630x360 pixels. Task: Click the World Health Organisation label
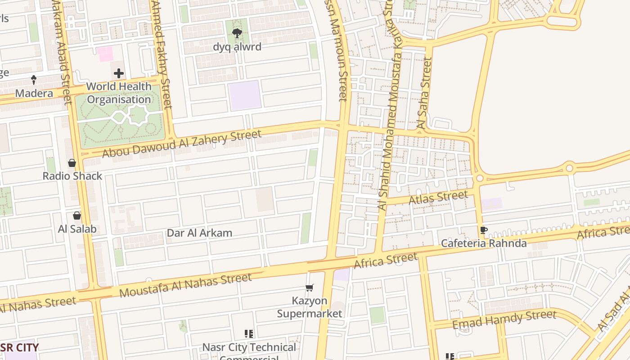coord(119,93)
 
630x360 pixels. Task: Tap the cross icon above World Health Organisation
coord(119,73)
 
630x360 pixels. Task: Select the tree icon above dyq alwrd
coord(237,33)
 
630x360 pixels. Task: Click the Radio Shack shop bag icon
coord(72,163)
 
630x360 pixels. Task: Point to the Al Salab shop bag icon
coord(77,216)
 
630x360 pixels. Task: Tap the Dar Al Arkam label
coord(199,233)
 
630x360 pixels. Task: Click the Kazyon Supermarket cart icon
coord(310,288)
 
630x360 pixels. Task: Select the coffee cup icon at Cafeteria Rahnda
coord(484,230)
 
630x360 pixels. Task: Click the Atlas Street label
coord(438,198)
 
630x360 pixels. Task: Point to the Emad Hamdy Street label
coord(504,319)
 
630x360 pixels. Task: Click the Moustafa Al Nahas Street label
coord(185,285)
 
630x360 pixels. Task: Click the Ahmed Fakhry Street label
coord(161,54)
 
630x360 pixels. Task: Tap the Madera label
coord(34,93)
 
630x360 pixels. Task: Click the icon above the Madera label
coord(34,80)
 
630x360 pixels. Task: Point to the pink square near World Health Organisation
coord(105,54)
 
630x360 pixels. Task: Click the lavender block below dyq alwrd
coord(245,95)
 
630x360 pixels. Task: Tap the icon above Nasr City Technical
coord(249,333)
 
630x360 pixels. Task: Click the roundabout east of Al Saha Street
coord(480,178)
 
